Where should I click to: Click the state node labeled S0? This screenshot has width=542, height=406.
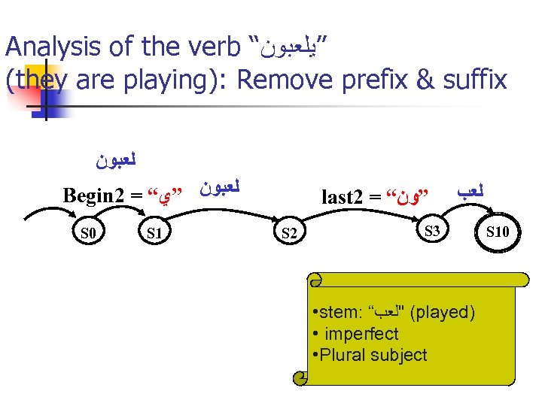pyautogui.click(x=88, y=233)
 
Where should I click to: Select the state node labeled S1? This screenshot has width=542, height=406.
pyautogui.click(x=156, y=233)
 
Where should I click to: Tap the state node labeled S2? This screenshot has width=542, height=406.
pyautogui.click(x=289, y=233)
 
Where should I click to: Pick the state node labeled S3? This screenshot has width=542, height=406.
pyautogui.click(x=432, y=231)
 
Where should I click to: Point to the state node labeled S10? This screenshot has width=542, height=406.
pyautogui.click(x=498, y=231)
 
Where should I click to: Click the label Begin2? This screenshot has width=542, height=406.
pyautogui.click(x=94, y=197)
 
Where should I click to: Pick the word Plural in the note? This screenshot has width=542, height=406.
pyautogui.click(x=344, y=355)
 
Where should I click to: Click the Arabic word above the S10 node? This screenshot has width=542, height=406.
pyautogui.click(x=471, y=192)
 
